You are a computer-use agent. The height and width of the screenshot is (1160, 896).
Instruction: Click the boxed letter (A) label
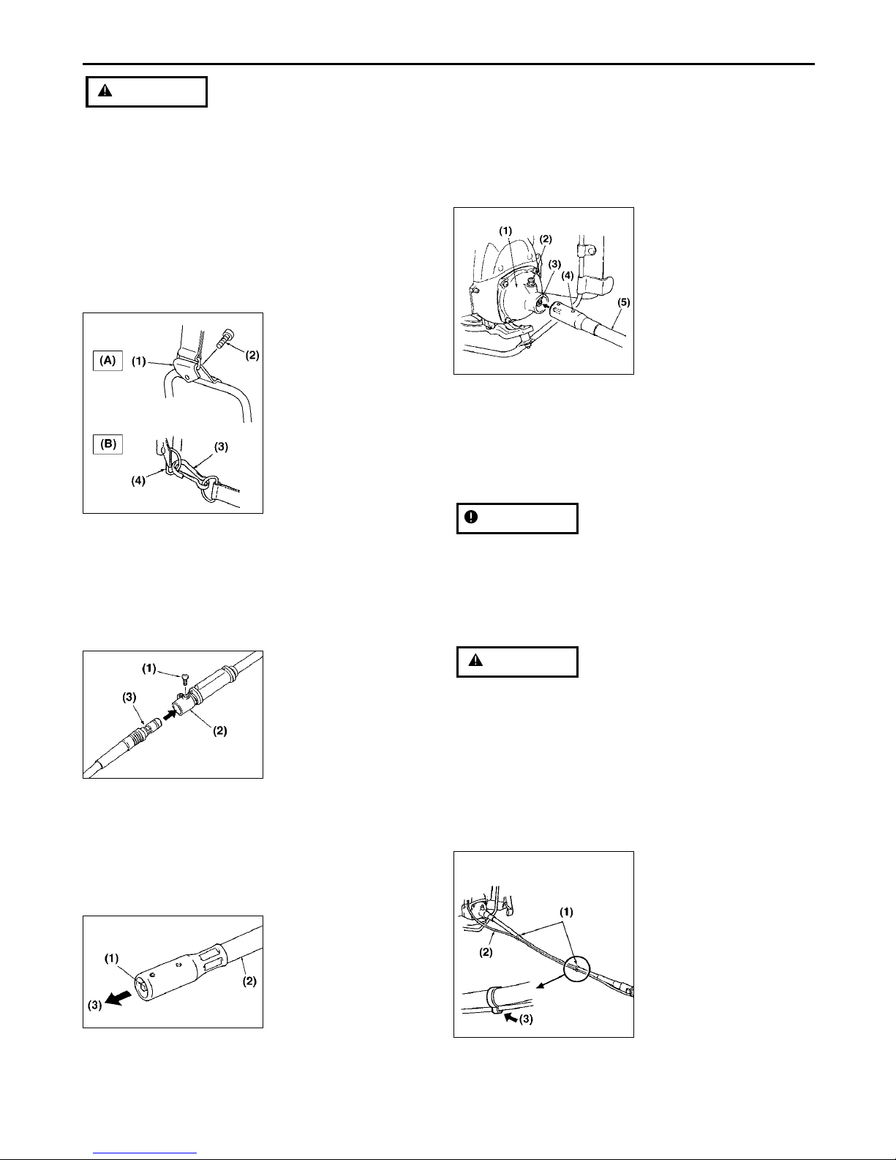(x=108, y=360)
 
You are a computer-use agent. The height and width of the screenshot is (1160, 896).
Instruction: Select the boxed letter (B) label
(x=108, y=444)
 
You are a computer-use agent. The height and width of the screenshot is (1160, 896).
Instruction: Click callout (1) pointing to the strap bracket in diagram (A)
(x=139, y=362)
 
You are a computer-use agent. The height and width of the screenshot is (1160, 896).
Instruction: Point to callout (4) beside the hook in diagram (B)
(x=138, y=480)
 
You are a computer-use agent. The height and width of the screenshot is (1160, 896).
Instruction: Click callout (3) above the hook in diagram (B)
(x=221, y=447)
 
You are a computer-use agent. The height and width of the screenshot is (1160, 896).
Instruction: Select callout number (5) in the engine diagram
(x=623, y=302)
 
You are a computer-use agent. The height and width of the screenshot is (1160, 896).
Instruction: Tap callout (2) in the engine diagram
(x=545, y=239)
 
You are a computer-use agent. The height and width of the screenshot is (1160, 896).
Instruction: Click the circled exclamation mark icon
(x=471, y=517)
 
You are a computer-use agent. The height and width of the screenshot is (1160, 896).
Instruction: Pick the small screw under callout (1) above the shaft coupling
(x=184, y=678)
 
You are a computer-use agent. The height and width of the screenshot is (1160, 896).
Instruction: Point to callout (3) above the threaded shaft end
(x=129, y=697)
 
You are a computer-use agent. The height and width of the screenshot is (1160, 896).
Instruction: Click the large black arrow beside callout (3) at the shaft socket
(x=118, y=998)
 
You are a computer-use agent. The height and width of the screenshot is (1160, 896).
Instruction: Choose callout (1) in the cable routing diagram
(x=566, y=912)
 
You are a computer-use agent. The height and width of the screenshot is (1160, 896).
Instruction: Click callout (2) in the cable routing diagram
(x=486, y=952)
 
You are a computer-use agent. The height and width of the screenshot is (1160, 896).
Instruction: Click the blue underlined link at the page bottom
(x=145, y=1153)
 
